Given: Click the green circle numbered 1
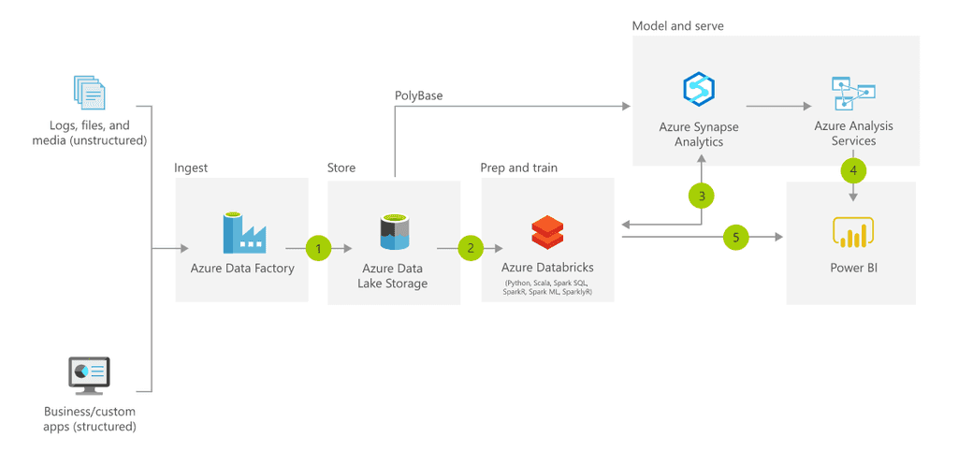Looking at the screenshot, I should [x=319, y=248].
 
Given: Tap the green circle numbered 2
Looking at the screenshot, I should [x=471, y=248].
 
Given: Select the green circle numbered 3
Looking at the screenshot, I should [x=702, y=196].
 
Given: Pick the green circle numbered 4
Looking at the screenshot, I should [x=853, y=170].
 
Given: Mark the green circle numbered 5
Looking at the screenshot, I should [x=736, y=238].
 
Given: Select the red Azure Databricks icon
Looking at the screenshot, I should [x=546, y=232].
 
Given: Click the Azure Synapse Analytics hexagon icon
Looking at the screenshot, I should [x=698, y=90].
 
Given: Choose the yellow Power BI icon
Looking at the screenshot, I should [x=852, y=232].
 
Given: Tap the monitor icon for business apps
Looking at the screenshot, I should [x=90, y=375].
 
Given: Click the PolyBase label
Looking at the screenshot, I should [x=418, y=95].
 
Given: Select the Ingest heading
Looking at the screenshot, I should [x=191, y=168].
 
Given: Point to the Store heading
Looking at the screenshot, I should [x=341, y=168].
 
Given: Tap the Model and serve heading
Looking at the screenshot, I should [x=677, y=26].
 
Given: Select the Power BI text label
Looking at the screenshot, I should [x=853, y=268].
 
